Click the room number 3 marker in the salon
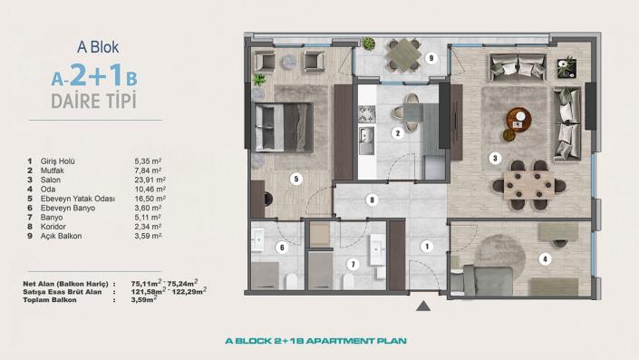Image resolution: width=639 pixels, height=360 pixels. [495, 158]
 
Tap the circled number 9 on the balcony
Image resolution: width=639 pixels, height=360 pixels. [431, 58]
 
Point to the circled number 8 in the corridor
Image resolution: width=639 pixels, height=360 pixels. [371, 199]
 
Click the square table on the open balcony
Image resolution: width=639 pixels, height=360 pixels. [399, 59]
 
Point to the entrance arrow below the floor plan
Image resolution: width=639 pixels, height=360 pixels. [422, 307]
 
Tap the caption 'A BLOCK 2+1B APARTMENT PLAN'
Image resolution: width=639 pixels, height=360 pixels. [315, 342]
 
